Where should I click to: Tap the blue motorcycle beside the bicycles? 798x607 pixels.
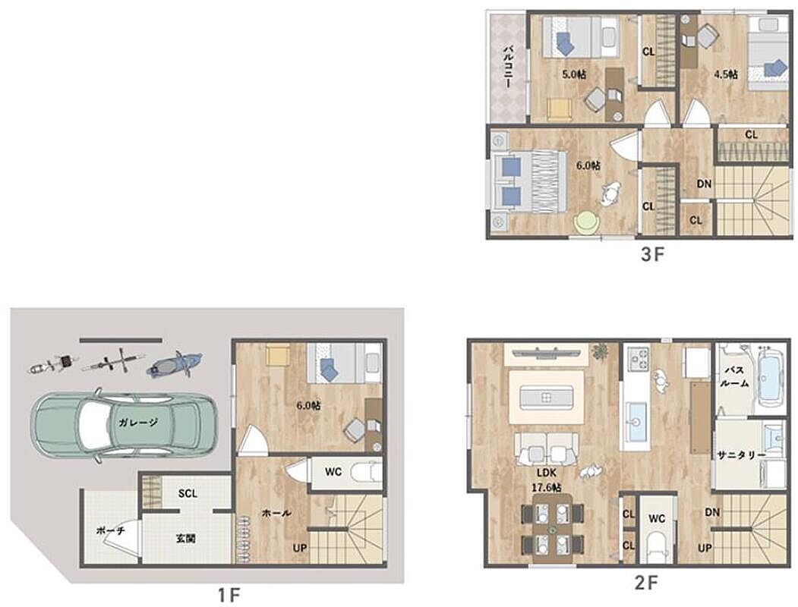click(x=175, y=364)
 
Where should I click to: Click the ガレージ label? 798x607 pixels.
click(x=139, y=421)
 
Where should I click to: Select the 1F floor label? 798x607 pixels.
click(x=229, y=595)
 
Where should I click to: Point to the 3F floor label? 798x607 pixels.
click(x=652, y=253)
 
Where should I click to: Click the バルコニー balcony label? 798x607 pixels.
click(x=507, y=67)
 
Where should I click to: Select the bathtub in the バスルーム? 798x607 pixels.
click(x=768, y=377)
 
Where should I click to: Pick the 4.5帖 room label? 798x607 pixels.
click(x=726, y=74)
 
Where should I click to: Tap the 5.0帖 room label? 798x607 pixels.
click(x=573, y=74)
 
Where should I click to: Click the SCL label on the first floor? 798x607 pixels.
click(x=188, y=493)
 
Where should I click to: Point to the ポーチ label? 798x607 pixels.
click(x=110, y=530)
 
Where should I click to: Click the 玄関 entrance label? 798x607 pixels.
click(x=186, y=538)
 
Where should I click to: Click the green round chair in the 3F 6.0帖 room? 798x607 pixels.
click(x=586, y=222)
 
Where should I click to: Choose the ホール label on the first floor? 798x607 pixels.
click(x=276, y=513)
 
